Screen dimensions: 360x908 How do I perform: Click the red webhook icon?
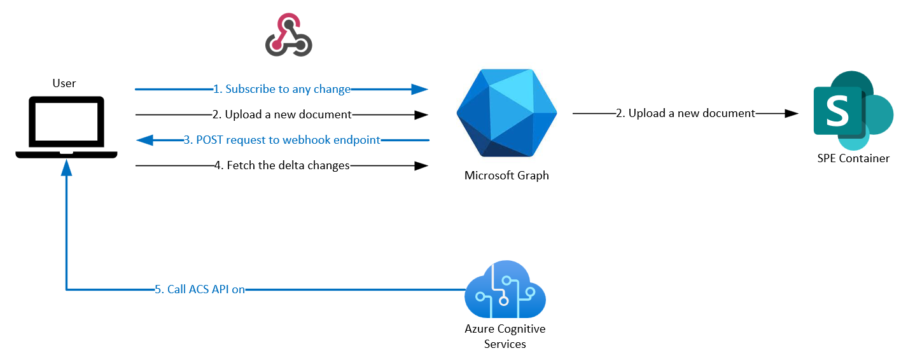coord(288,36)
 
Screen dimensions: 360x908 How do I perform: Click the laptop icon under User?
coord(66,128)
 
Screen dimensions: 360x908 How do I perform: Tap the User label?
coord(64,83)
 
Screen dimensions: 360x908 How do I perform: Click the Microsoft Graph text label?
coord(506,176)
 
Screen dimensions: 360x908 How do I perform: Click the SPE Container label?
coord(853,158)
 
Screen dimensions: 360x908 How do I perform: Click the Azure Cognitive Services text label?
coord(505,336)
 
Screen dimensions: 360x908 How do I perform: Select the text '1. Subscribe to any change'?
coord(282,89)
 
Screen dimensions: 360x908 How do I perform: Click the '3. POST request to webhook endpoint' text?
coord(282,140)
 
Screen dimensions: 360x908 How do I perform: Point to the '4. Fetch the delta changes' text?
coord(282,165)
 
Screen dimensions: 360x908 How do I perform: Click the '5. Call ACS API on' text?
coord(200,289)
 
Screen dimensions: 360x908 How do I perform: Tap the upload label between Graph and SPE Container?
coord(685,113)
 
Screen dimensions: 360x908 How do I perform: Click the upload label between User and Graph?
coord(282,114)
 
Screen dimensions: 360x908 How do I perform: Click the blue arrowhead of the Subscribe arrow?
coord(420,89)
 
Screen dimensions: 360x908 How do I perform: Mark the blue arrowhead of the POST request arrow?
coord(144,140)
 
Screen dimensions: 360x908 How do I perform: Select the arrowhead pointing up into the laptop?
coord(66,167)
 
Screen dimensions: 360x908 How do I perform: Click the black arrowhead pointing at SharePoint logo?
coord(792,113)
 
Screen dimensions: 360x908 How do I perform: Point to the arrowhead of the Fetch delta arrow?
coord(421,165)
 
